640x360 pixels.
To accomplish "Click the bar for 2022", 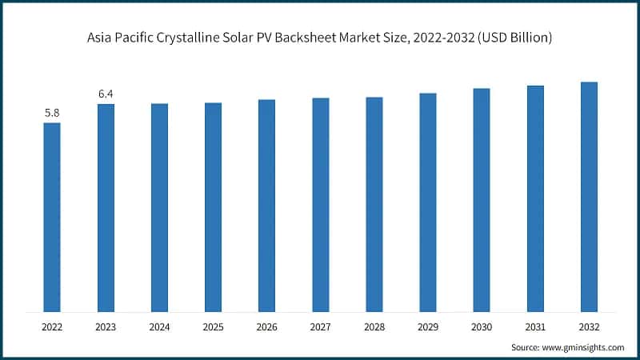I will tap(52, 217).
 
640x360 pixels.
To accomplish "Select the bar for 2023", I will tap(106, 207).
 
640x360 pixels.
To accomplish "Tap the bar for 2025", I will tap(213, 206).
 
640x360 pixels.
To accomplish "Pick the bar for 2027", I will tap(320, 204).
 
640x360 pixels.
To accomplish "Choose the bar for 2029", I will tap(428, 202).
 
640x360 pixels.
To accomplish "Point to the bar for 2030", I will tap(482, 199).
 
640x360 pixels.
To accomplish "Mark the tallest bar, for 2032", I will tap(589, 196).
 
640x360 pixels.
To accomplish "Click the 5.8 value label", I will tap(52, 113).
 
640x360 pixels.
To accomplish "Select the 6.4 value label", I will tap(106, 94).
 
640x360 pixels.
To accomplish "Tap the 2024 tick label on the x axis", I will tap(159, 326).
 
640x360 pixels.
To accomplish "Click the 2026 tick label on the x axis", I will tap(266, 326).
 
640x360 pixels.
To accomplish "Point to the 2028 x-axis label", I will tap(374, 326).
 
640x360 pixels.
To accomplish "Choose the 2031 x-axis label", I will tap(535, 326).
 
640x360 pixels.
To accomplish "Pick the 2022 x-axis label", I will tap(52, 326).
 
